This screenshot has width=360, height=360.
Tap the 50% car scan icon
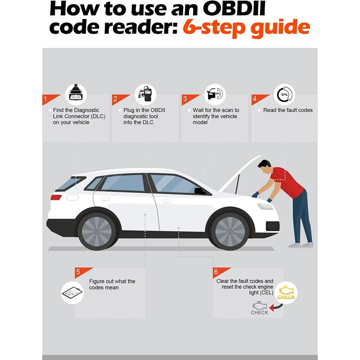point(215,94)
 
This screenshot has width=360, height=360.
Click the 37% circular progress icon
point(284,95)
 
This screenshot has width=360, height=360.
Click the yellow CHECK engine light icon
point(286,293)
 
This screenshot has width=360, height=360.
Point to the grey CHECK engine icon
point(260,308)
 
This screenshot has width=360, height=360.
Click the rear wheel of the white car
point(97,230)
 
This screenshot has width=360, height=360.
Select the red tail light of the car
point(56,197)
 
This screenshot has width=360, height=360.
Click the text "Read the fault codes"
point(288,110)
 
